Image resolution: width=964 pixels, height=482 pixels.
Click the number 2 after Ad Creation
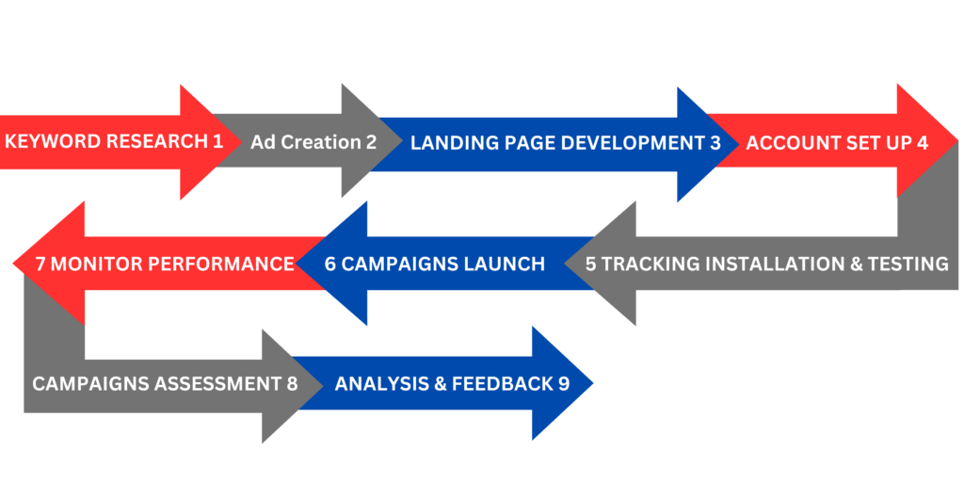coord(370,142)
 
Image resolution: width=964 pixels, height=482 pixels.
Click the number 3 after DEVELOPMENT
coord(715,143)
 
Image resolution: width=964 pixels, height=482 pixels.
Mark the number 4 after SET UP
coord(923,143)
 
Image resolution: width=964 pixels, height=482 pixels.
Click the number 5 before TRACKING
coord(591,264)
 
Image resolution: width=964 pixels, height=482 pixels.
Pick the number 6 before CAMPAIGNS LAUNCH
coord(330,264)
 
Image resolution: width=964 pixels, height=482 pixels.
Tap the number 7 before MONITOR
coord(40,264)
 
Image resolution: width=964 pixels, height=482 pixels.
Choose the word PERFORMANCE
coord(222,264)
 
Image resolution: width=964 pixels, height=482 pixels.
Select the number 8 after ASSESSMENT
coord(292,384)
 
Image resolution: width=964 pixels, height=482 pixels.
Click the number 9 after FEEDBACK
coord(564,384)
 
